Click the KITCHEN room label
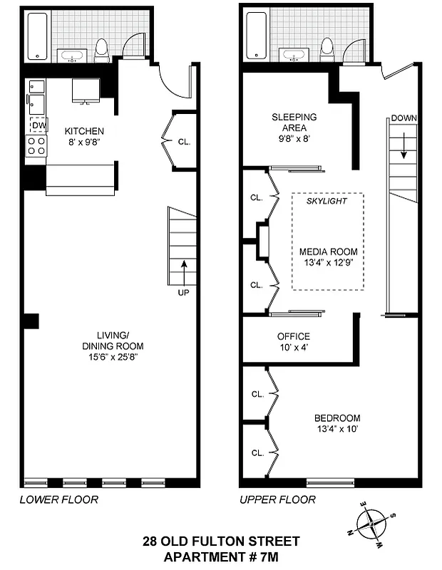coord(84,131)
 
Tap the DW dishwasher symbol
coord(38,125)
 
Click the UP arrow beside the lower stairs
coord(184,271)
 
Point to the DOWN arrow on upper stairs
coord(404,142)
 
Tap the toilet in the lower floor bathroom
coord(102,47)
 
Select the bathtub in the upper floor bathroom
coord(257,36)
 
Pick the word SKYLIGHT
coord(327,201)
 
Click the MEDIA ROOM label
coord(328,252)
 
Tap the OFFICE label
coord(293,336)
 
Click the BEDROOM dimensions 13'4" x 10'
coord(337,430)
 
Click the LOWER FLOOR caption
coord(58,499)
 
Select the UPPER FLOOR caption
coord(277,499)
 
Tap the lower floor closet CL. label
coord(183,142)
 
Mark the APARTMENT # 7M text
coord(221,556)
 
